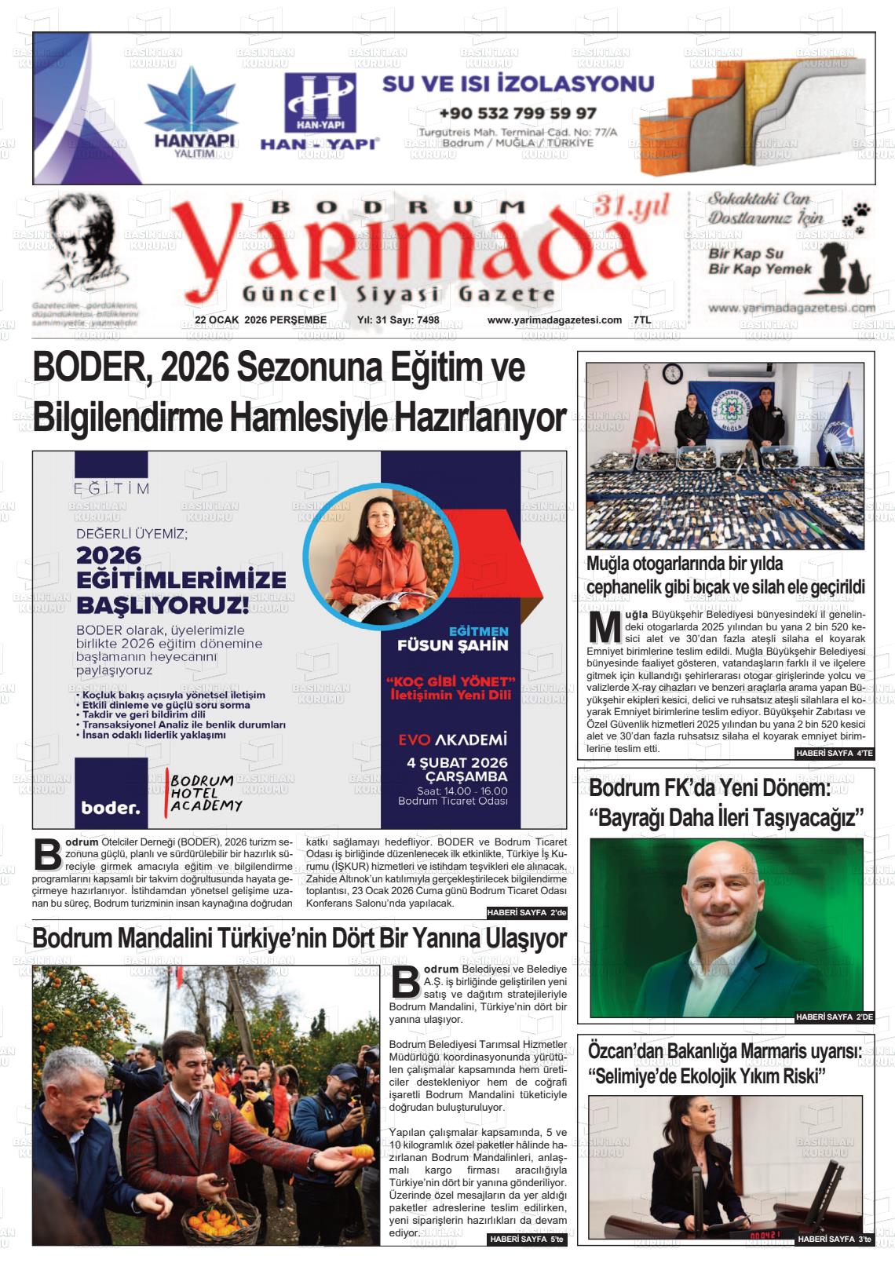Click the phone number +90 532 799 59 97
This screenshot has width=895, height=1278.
coord(517,113)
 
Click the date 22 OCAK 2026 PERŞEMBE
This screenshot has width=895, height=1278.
coord(260,319)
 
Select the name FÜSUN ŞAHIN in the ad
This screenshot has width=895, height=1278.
coord(453,645)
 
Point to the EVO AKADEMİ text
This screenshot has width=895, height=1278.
coord(452,739)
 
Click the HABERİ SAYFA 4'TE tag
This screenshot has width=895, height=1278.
coord(834,754)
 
